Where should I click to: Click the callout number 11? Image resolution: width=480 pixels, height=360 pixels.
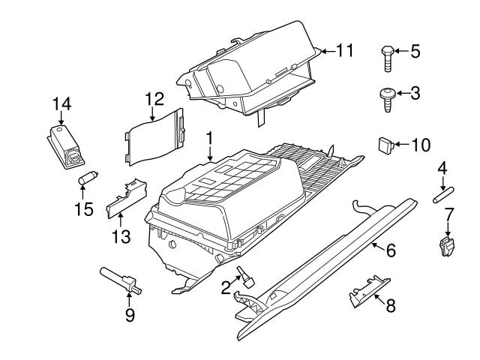(345, 50)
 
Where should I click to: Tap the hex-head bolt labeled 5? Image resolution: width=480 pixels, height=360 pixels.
(388, 58)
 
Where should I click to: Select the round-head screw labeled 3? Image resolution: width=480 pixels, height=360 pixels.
(387, 100)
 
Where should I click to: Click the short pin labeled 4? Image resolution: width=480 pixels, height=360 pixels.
(443, 195)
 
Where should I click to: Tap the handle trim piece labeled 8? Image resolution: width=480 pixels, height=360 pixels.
(370, 292)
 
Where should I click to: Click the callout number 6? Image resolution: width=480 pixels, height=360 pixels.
(391, 250)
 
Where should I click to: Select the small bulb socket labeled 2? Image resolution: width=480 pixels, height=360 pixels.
(246, 277)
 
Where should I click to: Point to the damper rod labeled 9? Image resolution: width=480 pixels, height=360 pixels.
(121, 280)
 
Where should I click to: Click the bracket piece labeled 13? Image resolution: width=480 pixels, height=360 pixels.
(126, 199)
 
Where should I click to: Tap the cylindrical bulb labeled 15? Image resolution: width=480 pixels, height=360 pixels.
(88, 178)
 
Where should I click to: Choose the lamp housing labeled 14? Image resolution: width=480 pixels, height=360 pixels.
(65, 147)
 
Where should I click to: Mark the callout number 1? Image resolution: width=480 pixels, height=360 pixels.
(209, 139)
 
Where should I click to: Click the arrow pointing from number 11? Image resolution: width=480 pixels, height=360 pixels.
(328, 51)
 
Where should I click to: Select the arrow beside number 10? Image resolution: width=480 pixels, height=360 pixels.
(402, 144)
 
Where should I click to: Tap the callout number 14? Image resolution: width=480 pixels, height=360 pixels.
(62, 103)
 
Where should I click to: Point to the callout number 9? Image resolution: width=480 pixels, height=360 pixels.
(130, 315)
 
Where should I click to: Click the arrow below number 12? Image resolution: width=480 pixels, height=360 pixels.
(152, 113)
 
